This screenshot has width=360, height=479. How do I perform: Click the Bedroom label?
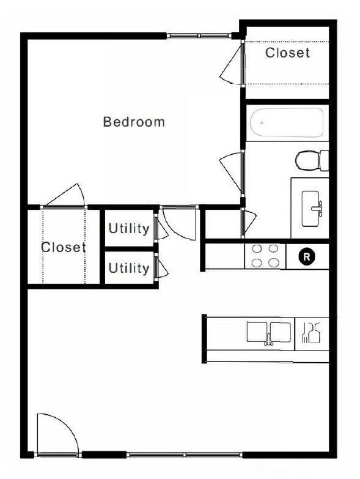[134, 122]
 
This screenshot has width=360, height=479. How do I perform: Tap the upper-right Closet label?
[287, 53]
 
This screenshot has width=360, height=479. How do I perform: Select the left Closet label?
[63, 248]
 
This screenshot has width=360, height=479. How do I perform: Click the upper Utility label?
[129, 229]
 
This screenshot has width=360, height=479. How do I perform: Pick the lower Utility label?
[129, 268]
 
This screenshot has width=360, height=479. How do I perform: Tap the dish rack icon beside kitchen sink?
[312, 333]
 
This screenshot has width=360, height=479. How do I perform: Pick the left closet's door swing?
[66, 196]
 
